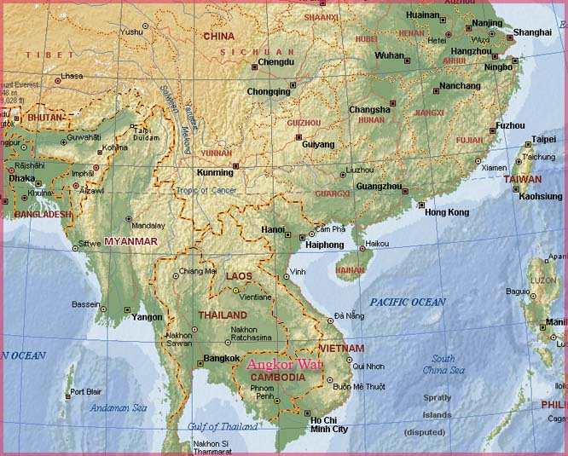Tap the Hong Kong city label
click(x=446, y=212)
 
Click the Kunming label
click(x=214, y=172)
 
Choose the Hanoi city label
click(x=273, y=229)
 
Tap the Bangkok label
click(x=221, y=358)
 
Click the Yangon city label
click(x=147, y=317)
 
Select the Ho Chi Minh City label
click(x=328, y=424)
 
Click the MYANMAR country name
click(x=130, y=242)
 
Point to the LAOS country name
click(x=238, y=276)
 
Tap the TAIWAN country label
click(x=522, y=179)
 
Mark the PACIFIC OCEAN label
click(x=408, y=303)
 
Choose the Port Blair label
click(x=87, y=392)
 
